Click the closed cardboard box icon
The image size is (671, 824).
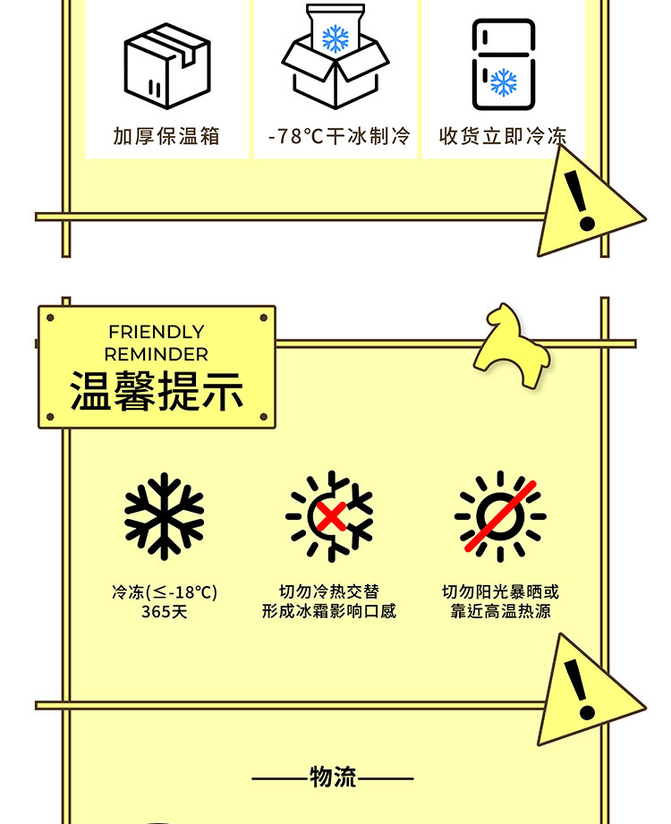coord(167,66)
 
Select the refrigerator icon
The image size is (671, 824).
coord(504,64)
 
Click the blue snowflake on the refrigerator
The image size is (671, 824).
coord(504,82)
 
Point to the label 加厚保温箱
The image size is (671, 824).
coord(166,136)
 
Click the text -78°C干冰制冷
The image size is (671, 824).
coord(339,136)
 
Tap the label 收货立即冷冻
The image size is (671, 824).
coord(503,136)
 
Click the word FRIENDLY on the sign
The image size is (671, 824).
coord(156,332)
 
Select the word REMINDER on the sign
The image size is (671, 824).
coord(156,354)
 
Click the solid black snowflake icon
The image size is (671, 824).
coord(164,516)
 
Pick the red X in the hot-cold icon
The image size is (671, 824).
coord(332,515)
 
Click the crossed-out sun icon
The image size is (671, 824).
coord(500,516)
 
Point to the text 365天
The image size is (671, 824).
coord(164,612)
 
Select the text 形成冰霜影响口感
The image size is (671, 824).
coord(329,611)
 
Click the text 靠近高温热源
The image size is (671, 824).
coord(500,611)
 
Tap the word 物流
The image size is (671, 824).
coord(333,777)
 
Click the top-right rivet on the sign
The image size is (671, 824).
coord(264,318)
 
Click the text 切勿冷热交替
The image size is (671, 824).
coord(329,591)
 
